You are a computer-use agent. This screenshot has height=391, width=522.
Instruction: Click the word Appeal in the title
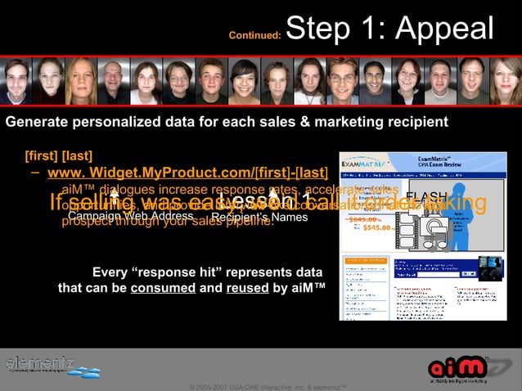(x=447, y=29)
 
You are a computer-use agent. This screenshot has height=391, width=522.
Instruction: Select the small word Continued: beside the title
(x=254, y=36)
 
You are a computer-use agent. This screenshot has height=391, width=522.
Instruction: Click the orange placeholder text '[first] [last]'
(x=58, y=155)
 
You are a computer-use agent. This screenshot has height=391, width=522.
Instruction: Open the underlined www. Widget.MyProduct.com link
(x=187, y=173)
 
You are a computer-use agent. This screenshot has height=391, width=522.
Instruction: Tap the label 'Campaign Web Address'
(x=131, y=217)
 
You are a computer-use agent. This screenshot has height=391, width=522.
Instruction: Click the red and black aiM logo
(x=459, y=365)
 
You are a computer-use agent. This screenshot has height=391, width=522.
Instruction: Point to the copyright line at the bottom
(x=269, y=385)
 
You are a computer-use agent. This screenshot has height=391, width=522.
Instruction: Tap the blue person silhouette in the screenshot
(x=421, y=220)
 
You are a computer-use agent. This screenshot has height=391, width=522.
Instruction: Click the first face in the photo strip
(x=18, y=82)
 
